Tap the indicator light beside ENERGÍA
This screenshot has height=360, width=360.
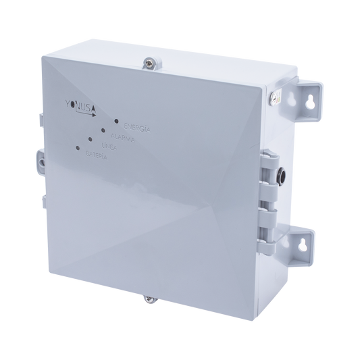pos(117,122)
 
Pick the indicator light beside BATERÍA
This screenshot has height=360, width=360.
pos(79,147)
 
